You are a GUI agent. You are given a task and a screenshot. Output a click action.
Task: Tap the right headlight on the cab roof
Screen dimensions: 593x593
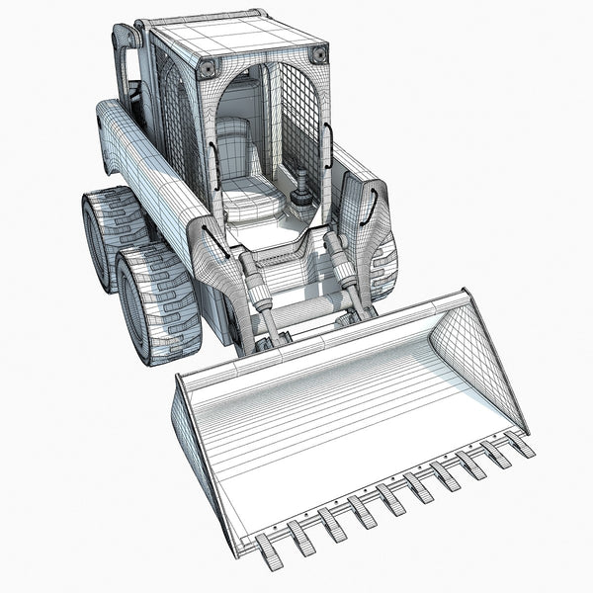coord(317,55)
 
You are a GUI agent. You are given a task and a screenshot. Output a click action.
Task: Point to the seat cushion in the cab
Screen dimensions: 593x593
coord(247,204)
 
